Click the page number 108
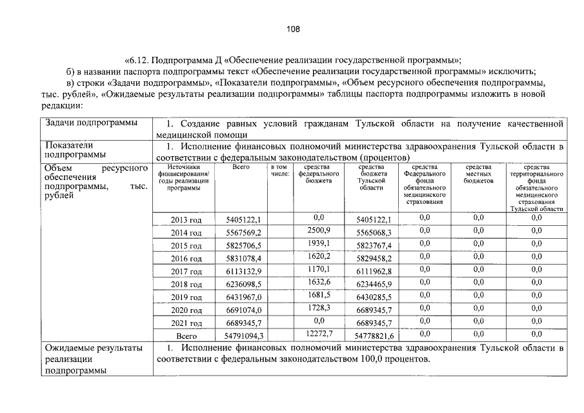[292, 29]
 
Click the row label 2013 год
[186, 220]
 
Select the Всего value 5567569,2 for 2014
[243, 233]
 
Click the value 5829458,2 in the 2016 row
[374, 259]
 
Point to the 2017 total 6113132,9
[243, 272]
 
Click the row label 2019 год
[186, 297]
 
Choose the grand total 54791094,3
[243, 336]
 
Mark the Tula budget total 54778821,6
[374, 336]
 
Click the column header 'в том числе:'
[279, 170]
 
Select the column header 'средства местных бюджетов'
[478, 174]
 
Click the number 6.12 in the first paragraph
[138, 57]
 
